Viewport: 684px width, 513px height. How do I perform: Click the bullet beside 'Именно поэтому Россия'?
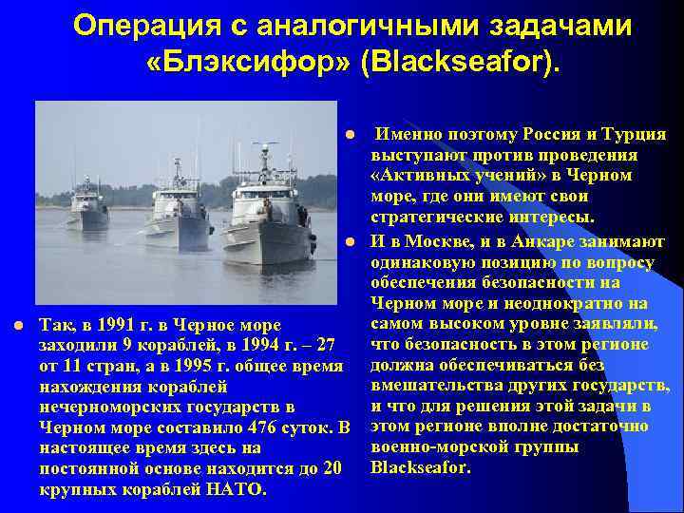[351, 134]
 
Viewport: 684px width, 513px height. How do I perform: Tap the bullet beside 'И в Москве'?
[351, 239]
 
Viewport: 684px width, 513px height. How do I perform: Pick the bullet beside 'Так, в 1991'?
[18, 326]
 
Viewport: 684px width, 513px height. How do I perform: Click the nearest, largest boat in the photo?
[269, 214]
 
